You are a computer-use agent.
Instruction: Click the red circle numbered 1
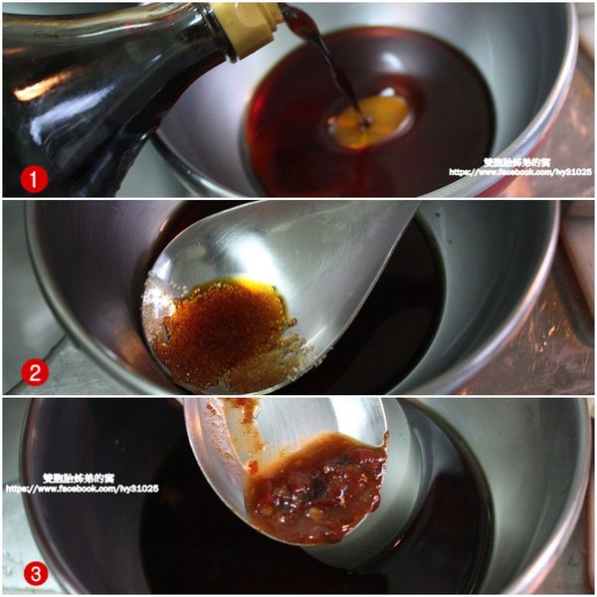pyautogui.click(x=35, y=180)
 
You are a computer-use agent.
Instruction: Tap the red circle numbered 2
pyautogui.click(x=35, y=374)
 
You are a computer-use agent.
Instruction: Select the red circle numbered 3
pyautogui.click(x=35, y=574)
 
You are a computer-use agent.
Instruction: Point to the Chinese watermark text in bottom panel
pyautogui.click(x=80, y=478)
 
